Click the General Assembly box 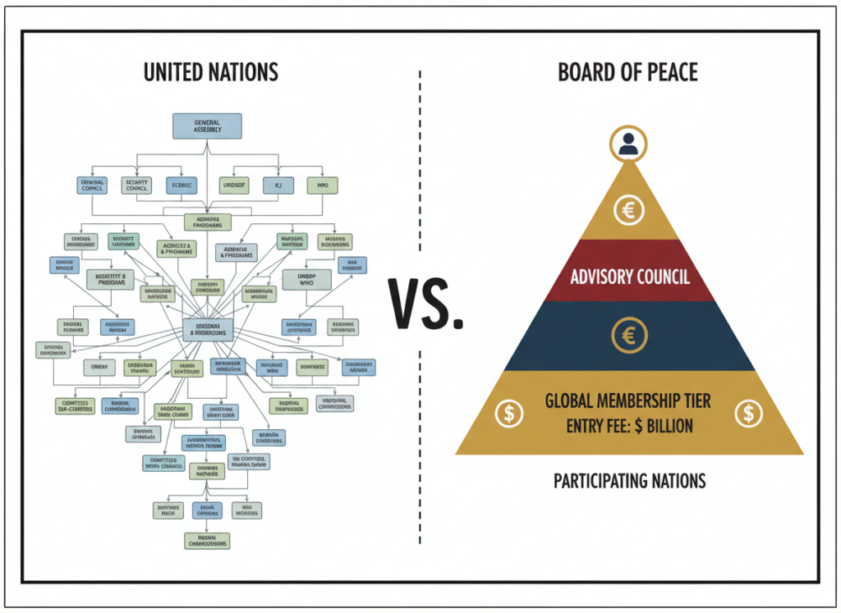207,126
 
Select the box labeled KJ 278,185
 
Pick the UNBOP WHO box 306,278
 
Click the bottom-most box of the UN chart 207,540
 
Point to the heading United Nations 210,72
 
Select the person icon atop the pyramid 628,144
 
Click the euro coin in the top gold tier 628,211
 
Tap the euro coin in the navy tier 628,335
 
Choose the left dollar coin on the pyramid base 509,413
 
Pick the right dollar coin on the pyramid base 747,413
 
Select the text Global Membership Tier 628,401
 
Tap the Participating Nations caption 629,480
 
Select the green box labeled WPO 322,185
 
